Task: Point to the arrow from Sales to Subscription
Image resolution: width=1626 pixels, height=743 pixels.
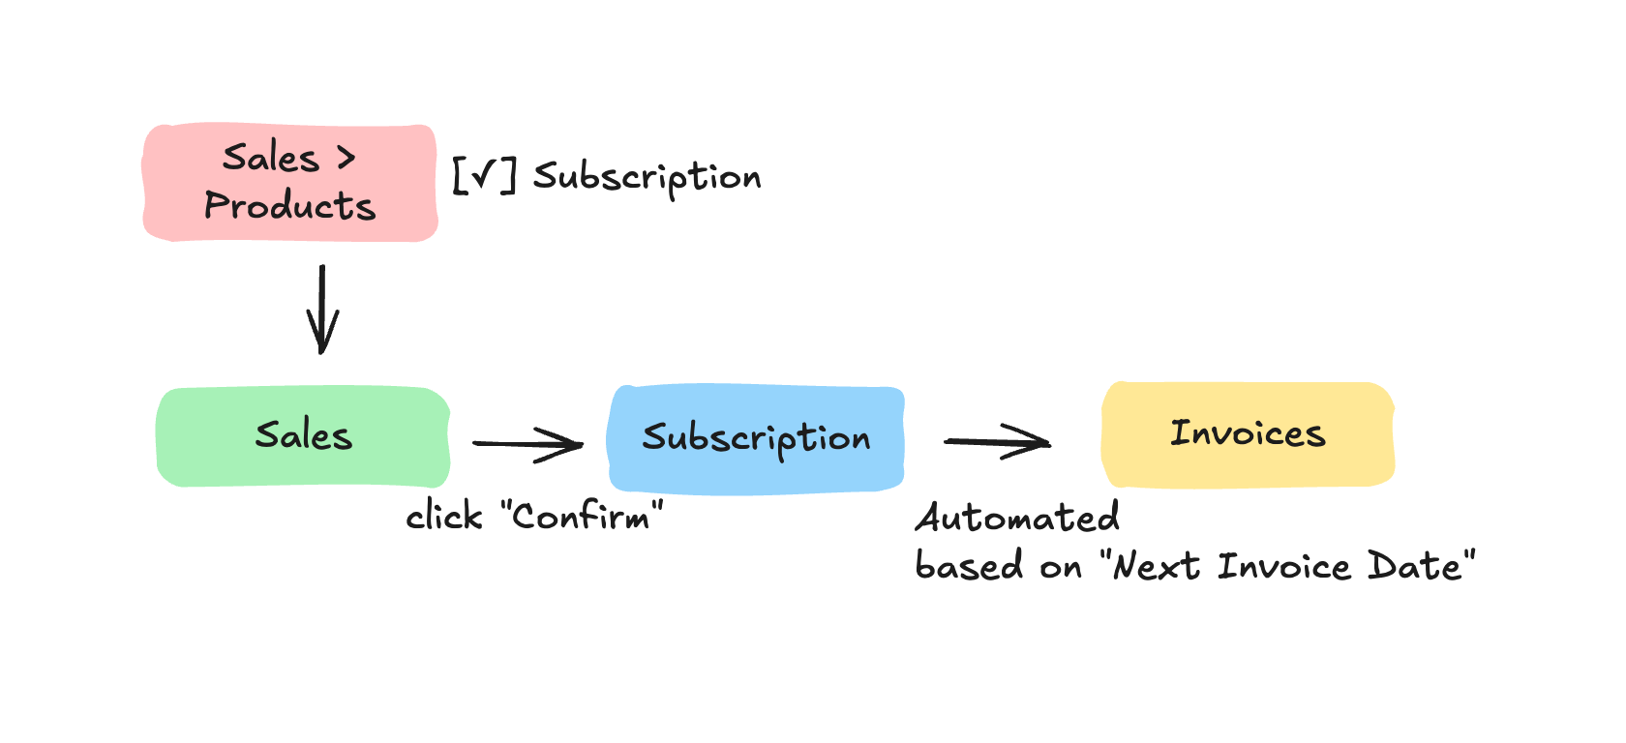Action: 527,444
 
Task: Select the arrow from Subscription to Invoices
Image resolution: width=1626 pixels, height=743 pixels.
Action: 997,441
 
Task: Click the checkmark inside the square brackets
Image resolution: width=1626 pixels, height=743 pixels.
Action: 484,176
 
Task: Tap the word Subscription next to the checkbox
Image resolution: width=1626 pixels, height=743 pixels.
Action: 647,178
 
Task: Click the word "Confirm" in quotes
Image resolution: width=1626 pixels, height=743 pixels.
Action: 582,516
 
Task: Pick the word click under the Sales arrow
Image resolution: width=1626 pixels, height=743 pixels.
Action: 443,517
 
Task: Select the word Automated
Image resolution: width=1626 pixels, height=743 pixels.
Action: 1017,518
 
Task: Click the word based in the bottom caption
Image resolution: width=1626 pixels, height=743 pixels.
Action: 955,566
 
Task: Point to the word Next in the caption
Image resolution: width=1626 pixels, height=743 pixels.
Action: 1157,566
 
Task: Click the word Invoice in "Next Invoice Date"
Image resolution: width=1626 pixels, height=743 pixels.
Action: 1283,566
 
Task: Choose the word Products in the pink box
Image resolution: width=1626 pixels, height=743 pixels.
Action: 289,206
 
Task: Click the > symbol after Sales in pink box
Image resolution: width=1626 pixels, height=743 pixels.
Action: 346,158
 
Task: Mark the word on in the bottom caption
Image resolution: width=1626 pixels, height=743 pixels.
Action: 1061,568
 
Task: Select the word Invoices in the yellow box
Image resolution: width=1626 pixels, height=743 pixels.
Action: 1248,433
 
